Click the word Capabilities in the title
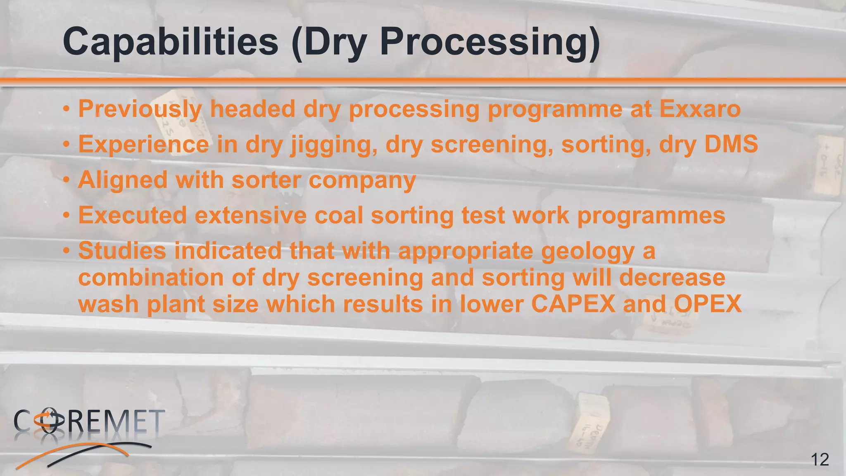click(171, 42)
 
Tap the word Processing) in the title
click(490, 42)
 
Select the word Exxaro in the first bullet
click(700, 109)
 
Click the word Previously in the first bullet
click(140, 109)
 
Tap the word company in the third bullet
click(362, 181)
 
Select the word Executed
click(133, 215)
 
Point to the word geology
click(588, 251)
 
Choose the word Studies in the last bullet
click(122, 251)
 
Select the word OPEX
click(707, 304)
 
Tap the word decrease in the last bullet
click(672, 277)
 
